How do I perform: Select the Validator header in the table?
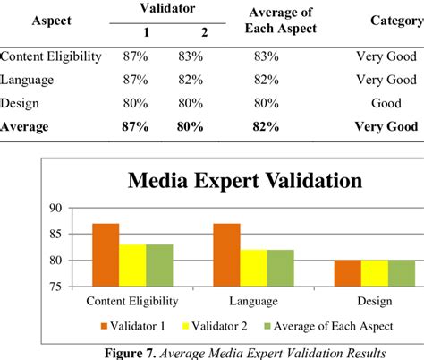(x=163, y=8)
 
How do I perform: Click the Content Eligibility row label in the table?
(x=51, y=56)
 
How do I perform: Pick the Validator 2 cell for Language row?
(x=189, y=79)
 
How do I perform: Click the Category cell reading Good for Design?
(x=386, y=102)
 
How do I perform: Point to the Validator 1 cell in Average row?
(x=135, y=126)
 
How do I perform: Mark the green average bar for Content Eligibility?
(x=159, y=265)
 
